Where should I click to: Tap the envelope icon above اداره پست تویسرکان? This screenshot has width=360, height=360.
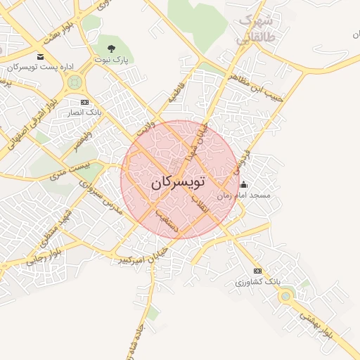(40, 56)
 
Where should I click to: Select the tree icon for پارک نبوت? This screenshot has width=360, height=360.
(111, 48)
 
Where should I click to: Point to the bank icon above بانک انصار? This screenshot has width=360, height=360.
(85, 103)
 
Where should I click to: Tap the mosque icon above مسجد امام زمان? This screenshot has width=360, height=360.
(243, 185)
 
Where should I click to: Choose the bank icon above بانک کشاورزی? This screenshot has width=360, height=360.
(257, 271)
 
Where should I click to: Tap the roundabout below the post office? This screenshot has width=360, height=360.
(73, 83)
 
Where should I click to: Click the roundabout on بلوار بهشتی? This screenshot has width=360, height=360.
(285, 296)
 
